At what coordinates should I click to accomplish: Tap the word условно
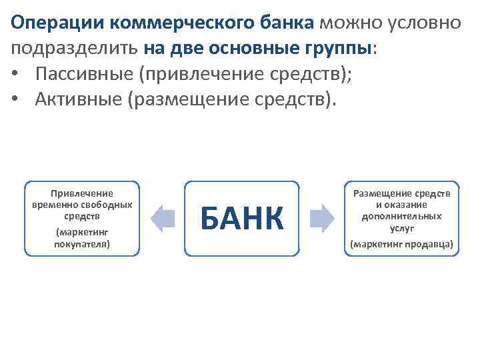click(421, 23)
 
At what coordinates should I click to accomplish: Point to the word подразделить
click(74, 48)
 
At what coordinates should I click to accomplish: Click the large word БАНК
click(241, 219)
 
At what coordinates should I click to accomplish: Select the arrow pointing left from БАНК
click(162, 219)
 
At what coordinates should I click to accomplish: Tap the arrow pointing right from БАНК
click(322, 219)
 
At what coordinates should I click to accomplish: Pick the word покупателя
click(82, 244)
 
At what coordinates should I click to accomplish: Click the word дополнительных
click(402, 216)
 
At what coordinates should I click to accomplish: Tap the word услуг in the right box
click(402, 227)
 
